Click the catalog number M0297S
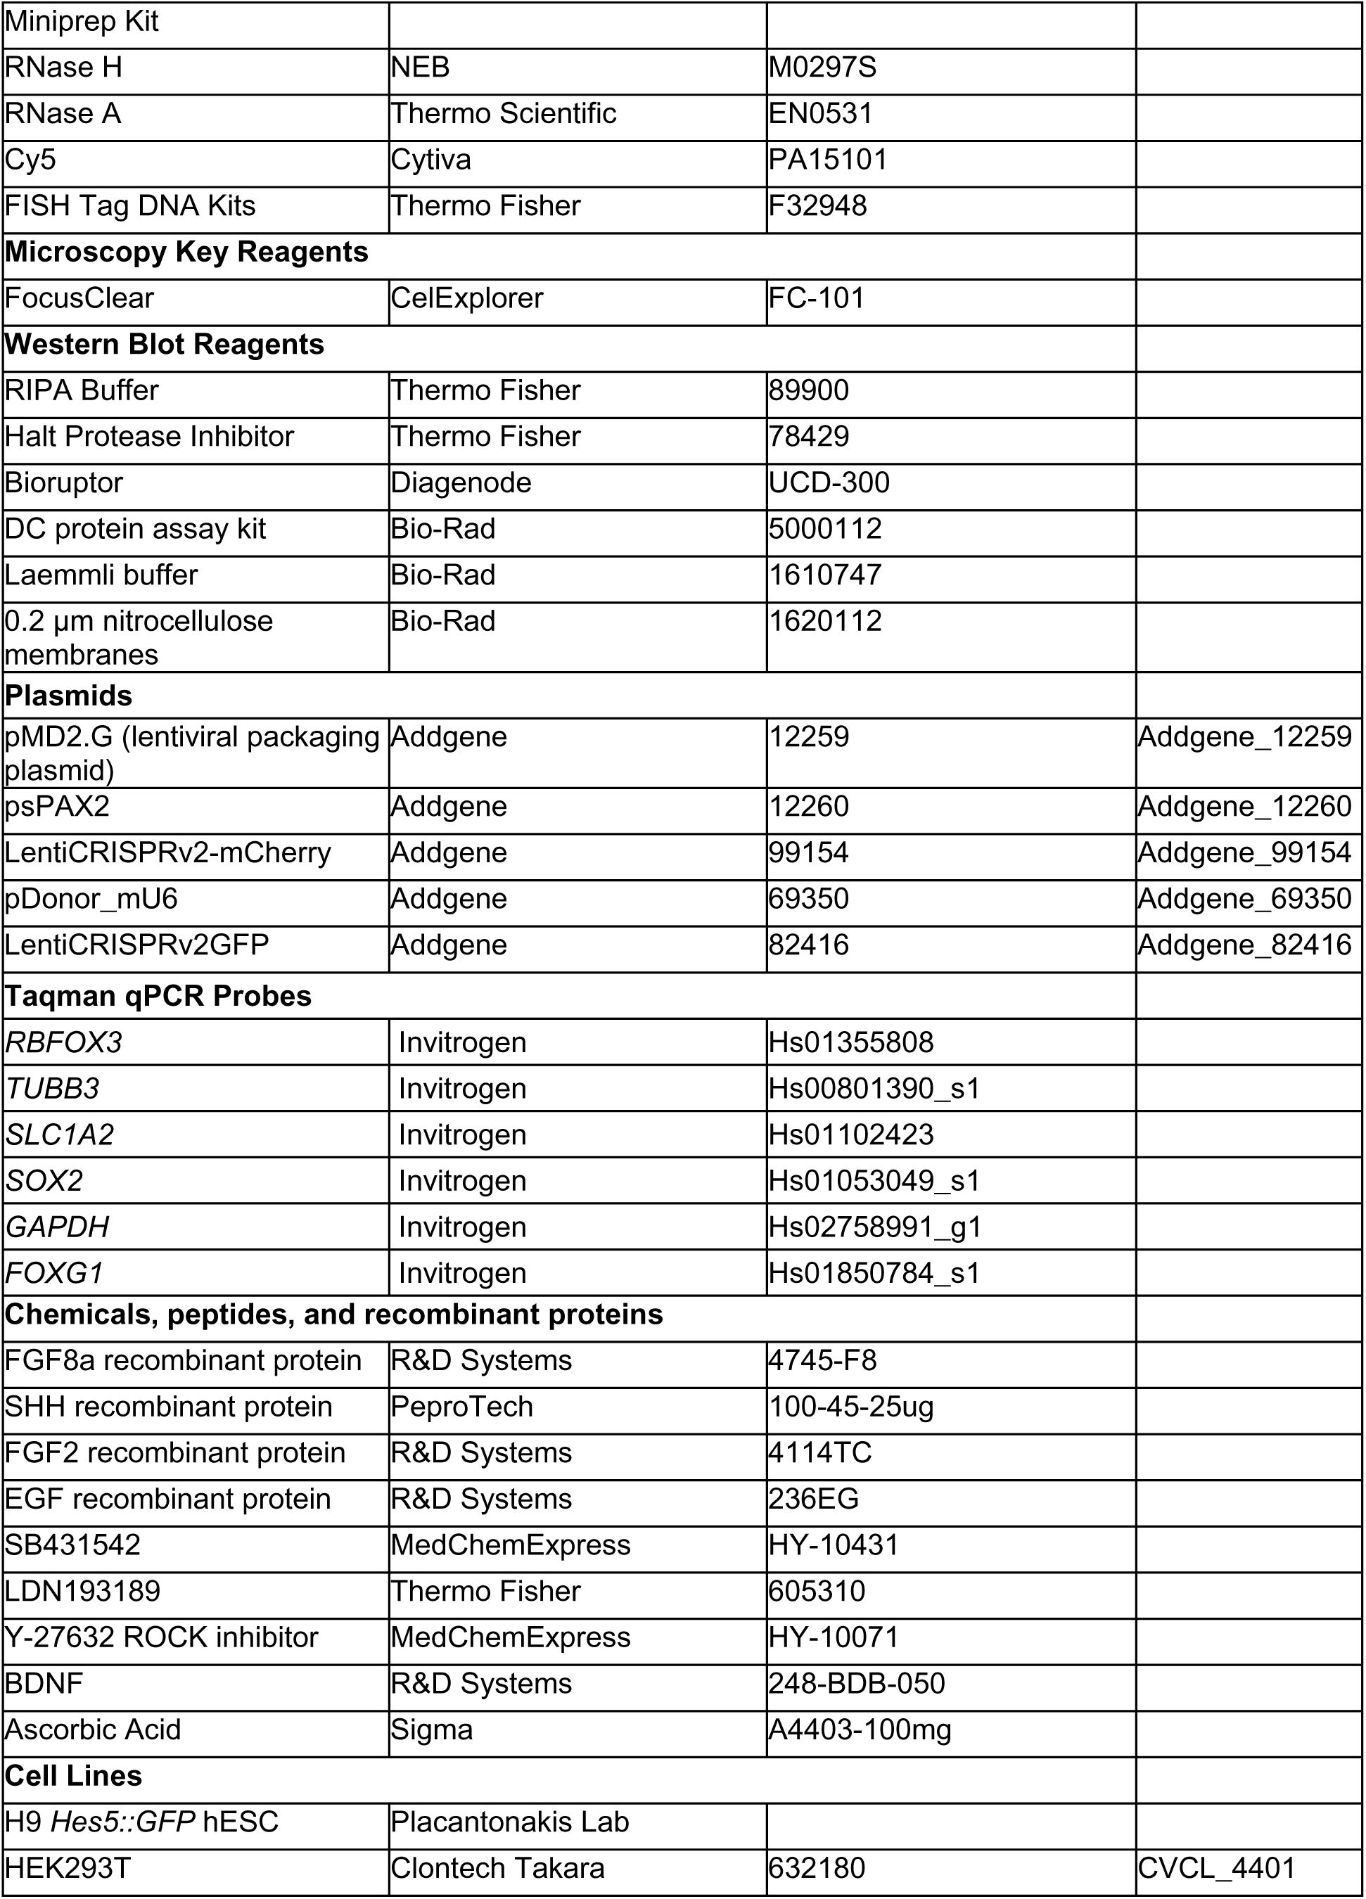[822, 68]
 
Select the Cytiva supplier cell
[431, 160]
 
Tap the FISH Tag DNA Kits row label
[130, 206]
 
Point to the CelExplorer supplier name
[467, 298]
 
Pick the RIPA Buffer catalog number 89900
[808, 390]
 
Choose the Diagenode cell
[461, 483]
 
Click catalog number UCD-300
[829, 483]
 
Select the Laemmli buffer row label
[101, 575]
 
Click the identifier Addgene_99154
[1244, 852]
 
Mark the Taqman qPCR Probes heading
[158, 995]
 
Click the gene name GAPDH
[57, 1227]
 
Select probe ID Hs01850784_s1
[874, 1273]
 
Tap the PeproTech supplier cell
[461, 1407]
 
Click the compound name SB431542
[73, 1545]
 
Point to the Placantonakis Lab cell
[510, 1822]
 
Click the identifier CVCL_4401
[1217, 1868]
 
